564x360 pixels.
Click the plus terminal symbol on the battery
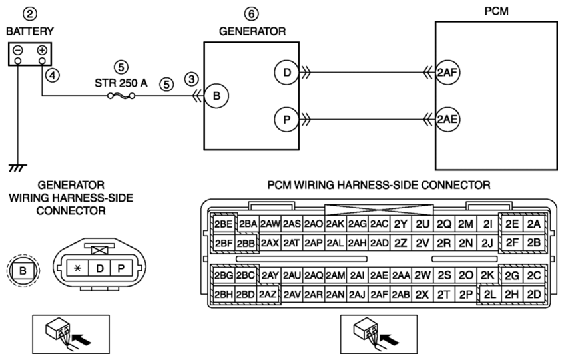[42, 50]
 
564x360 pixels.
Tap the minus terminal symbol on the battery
[18, 50]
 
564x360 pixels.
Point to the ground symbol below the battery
[17, 168]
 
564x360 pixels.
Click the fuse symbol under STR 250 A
[122, 96]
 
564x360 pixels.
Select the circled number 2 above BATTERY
[30, 14]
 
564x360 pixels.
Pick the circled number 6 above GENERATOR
[252, 14]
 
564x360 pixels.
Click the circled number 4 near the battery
[53, 75]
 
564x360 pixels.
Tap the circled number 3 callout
[192, 79]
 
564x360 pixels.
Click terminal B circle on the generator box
[216, 96]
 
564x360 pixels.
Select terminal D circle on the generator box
[287, 73]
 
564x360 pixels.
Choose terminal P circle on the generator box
[287, 120]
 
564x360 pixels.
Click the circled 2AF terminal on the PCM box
[447, 73]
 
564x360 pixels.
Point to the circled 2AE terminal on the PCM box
[447, 120]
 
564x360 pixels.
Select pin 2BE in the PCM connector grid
[223, 224]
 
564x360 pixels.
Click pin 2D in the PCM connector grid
[534, 295]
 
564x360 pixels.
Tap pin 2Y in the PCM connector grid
[401, 224]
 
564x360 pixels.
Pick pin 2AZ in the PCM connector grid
[268, 295]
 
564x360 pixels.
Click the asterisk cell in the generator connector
[78, 268]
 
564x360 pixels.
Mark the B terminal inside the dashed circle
[23, 270]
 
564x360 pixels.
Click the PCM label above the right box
[496, 11]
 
